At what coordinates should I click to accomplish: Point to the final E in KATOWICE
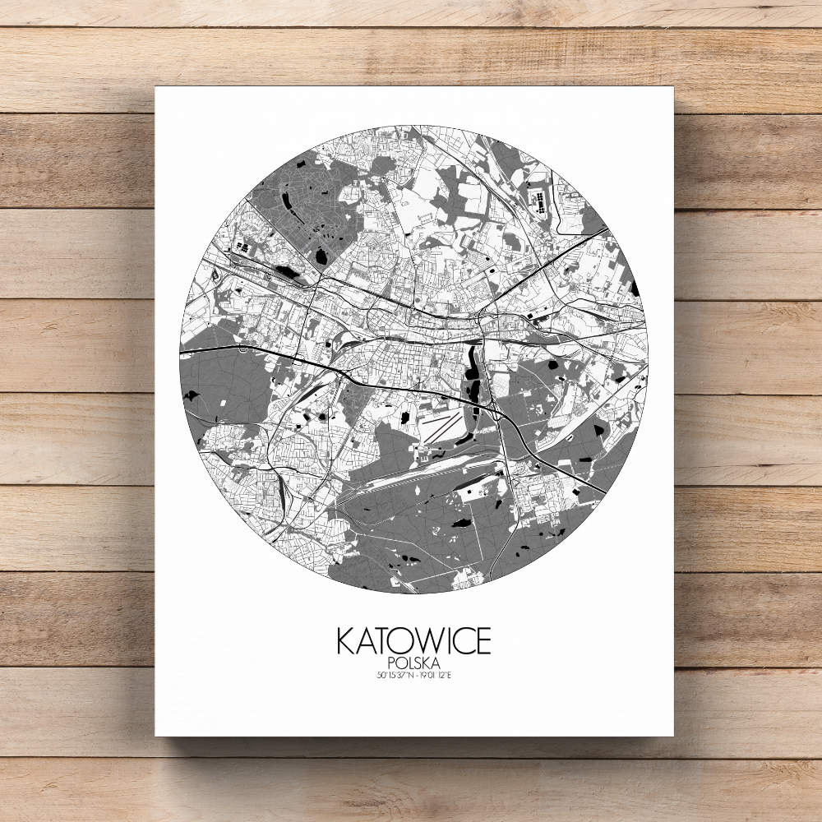click(x=482, y=641)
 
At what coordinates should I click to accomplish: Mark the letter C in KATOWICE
click(x=461, y=641)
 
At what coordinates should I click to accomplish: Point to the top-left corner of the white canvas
click(x=156, y=86)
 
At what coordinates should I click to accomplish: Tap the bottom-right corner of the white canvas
click(x=672, y=735)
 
